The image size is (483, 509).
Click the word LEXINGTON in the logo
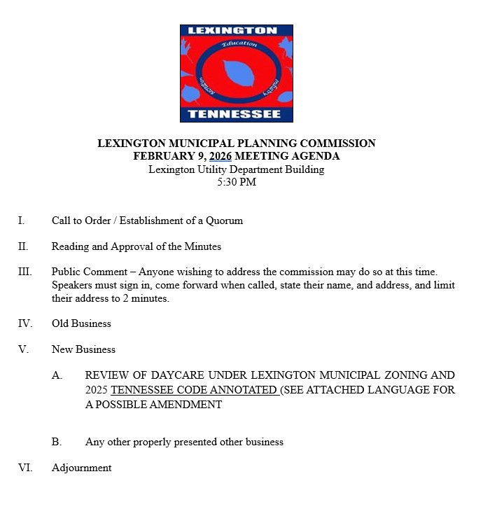coord(236,32)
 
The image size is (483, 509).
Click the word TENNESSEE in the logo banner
coord(236,114)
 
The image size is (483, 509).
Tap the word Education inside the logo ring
coord(239,45)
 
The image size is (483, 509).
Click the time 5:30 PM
coord(237,182)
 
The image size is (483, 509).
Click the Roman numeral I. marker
coord(21,221)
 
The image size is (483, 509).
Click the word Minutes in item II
coord(202,246)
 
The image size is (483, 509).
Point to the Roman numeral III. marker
coord(24,272)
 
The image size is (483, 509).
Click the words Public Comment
coord(83,272)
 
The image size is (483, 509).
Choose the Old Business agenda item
coord(81,323)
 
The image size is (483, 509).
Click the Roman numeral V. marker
coord(22,349)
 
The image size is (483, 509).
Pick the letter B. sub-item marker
coord(57,442)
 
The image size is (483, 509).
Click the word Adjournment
coord(81,468)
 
